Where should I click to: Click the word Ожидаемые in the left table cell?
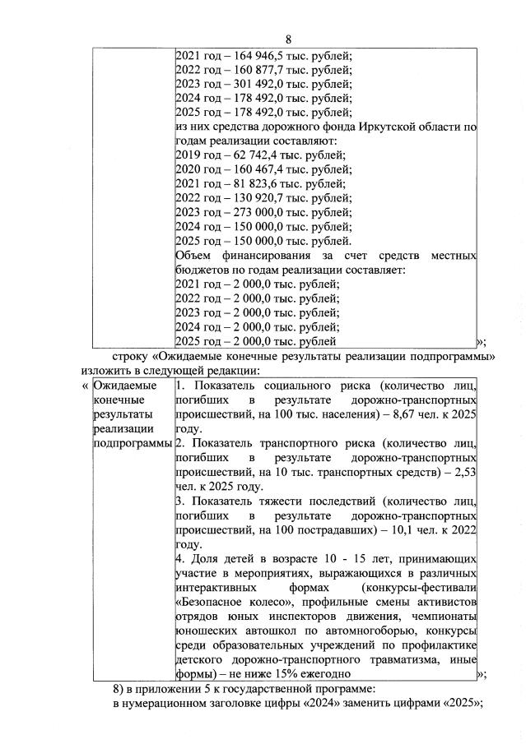click(124, 386)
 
